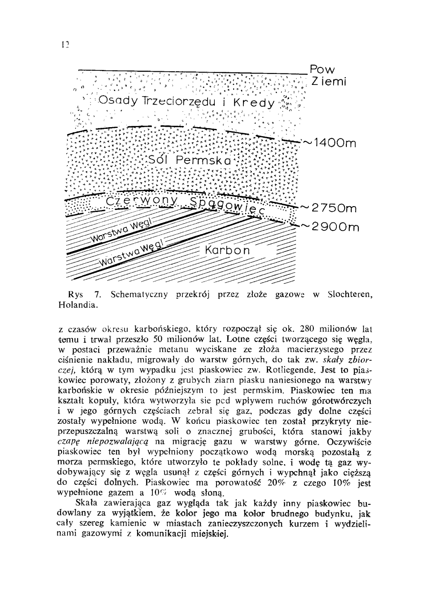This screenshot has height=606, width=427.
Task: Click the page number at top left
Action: (65, 44)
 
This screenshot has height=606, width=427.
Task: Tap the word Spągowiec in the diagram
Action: (229, 206)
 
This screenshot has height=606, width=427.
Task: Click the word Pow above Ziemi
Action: (323, 69)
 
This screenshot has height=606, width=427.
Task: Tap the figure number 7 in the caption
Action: (98, 294)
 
